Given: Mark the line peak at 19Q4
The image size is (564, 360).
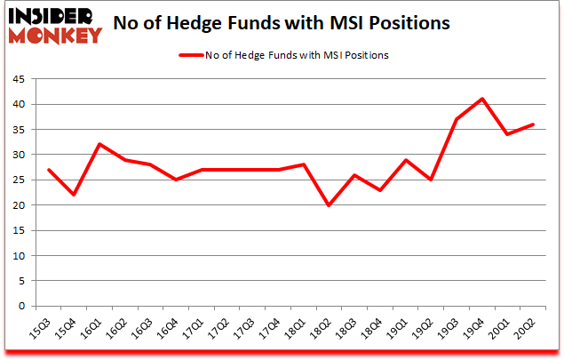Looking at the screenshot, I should tap(481, 99).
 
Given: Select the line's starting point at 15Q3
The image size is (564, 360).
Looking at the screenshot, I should tap(48, 170).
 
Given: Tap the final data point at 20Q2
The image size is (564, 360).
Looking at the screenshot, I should tap(533, 124).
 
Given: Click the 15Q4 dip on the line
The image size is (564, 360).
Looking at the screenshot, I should tap(74, 195).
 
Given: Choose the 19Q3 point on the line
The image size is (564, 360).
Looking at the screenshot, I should tap(456, 119).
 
